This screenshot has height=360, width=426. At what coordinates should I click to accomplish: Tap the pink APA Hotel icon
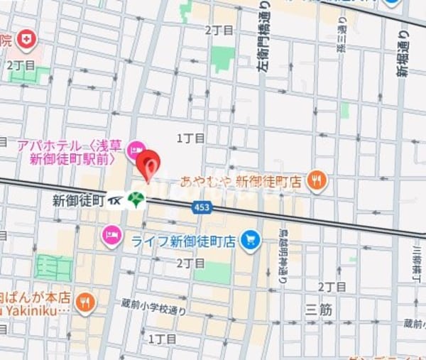pyautogui.click(x=135, y=150)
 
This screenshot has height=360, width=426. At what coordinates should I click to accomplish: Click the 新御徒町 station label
pyautogui.click(x=78, y=200)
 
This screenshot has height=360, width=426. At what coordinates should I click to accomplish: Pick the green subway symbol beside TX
pyautogui.click(x=136, y=200)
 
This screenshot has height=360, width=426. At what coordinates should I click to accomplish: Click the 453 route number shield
pyautogui.click(x=202, y=207)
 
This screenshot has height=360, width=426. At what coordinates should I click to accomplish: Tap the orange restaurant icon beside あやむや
pyautogui.click(x=317, y=181)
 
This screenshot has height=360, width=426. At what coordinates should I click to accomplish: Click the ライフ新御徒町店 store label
pyautogui.click(x=182, y=241)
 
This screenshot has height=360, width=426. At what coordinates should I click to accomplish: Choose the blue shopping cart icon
pyautogui.click(x=249, y=241)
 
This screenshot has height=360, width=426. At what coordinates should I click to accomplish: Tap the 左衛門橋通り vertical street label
pyautogui.click(x=263, y=36)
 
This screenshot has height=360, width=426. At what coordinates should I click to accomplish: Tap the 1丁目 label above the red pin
pyautogui.click(x=190, y=138)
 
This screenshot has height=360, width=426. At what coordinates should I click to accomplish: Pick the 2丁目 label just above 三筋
pyautogui.click(x=332, y=286)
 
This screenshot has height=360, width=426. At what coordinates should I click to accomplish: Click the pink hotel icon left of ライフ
pyautogui.click(x=111, y=234)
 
